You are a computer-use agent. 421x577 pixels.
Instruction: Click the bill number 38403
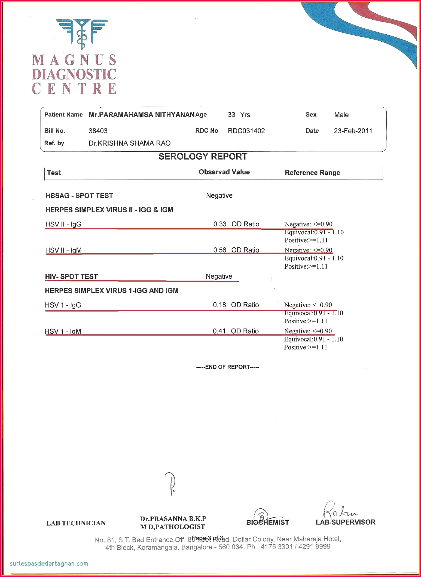98,131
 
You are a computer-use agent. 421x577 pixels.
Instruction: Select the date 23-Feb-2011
353,131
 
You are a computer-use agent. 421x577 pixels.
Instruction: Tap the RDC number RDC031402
246,131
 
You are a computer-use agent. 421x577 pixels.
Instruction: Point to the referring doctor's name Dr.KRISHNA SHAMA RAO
130,143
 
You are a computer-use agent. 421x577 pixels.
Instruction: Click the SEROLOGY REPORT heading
203,156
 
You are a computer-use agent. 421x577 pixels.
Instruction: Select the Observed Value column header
224,172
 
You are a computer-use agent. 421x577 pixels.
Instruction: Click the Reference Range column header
312,173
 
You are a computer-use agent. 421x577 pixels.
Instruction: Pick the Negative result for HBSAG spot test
219,195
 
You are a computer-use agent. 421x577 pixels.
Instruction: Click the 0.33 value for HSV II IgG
220,224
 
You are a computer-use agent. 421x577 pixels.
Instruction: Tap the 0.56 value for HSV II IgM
220,250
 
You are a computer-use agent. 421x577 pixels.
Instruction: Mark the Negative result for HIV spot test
219,276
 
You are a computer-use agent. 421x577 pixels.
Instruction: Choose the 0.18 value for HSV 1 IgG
219,305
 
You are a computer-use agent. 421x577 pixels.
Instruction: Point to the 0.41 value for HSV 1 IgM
219,331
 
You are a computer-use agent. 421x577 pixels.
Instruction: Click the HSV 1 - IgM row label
63,331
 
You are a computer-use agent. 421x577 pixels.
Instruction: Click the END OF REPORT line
227,367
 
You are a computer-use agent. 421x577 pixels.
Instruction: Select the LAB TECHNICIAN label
76,523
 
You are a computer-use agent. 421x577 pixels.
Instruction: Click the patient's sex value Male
341,115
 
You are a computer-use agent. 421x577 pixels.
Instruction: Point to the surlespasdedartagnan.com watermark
49,563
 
